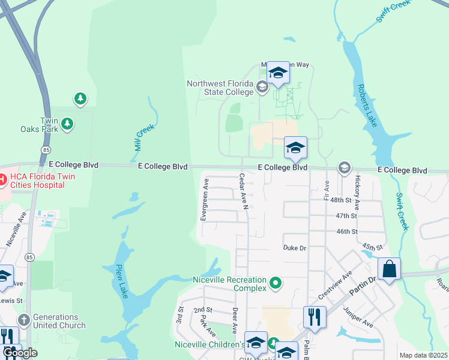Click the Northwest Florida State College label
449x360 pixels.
[220, 88]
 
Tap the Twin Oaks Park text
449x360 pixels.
[51, 124]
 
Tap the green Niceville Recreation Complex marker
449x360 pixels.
[276, 281]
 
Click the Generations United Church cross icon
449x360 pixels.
[23, 320]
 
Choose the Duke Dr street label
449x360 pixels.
[295, 247]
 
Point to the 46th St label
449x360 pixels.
[346, 231]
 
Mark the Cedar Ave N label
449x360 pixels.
[244, 191]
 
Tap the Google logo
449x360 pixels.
[20, 353]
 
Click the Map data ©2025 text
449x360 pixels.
[423, 355]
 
